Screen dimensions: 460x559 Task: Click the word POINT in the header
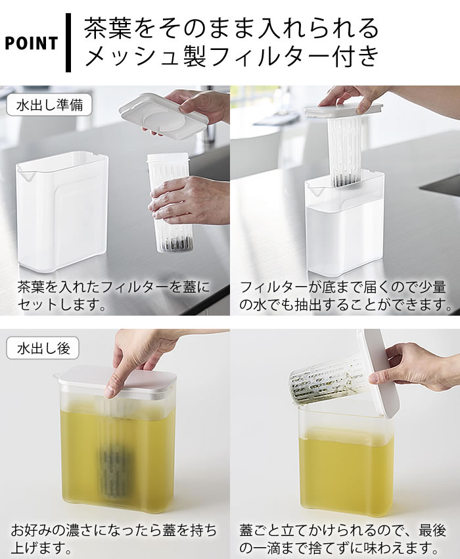point(31,43)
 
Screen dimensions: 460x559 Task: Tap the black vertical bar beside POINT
point(68,43)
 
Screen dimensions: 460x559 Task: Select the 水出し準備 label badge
point(49,105)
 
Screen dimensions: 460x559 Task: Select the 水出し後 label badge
point(43,348)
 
